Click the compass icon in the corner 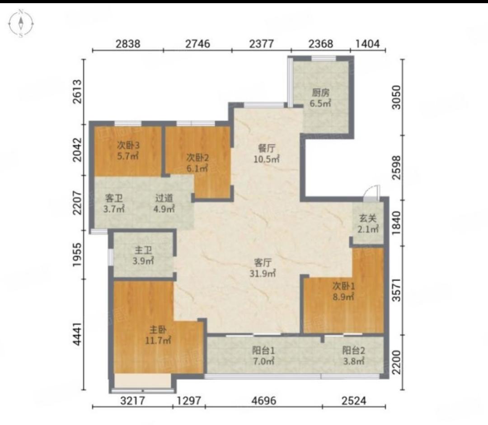pyautogui.click(x=21, y=23)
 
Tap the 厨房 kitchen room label pyautogui.click(x=320, y=92)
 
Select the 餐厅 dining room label pyautogui.click(x=267, y=148)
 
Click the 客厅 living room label pyautogui.click(x=263, y=263)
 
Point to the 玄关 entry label pyautogui.click(x=368, y=218)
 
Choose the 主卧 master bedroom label pyautogui.click(x=158, y=329)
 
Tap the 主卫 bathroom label pyautogui.click(x=143, y=250)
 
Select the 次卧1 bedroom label pyautogui.click(x=343, y=286)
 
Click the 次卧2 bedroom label pyautogui.click(x=197, y=157)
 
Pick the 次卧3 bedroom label pyautogui.click(x=128, y=145)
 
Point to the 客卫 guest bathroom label pyautogui.click(x=114, y=198)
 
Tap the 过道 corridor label pyautogui.click(x=164, y=198)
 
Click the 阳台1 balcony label pyautogui.click(x=263, y=351)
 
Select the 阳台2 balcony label pyautogui.click(x=353, y=351)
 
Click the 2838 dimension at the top pyautogui.click(x=128, y=43)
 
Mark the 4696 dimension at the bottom pyautogui.click(x=263, y=401)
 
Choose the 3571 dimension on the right pyautogui.click(x=397, y=290)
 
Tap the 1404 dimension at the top pyautogui.click(x=367, y=43)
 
